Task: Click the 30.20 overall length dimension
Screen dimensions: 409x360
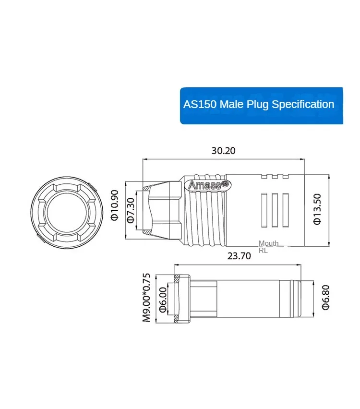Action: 224,150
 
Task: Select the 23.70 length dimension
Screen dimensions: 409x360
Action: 239,256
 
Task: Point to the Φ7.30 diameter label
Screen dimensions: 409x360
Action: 130,210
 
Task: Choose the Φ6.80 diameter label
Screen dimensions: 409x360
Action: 326,297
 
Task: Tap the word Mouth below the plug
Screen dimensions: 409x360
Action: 268,243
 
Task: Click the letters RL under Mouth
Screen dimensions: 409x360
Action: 263,251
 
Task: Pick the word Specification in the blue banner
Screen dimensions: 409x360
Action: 303,104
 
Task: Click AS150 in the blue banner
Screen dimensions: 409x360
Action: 200,104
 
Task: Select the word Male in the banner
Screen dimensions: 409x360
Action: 232,104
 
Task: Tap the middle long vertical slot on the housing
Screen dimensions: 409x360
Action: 275,209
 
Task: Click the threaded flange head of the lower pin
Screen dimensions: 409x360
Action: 181,298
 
